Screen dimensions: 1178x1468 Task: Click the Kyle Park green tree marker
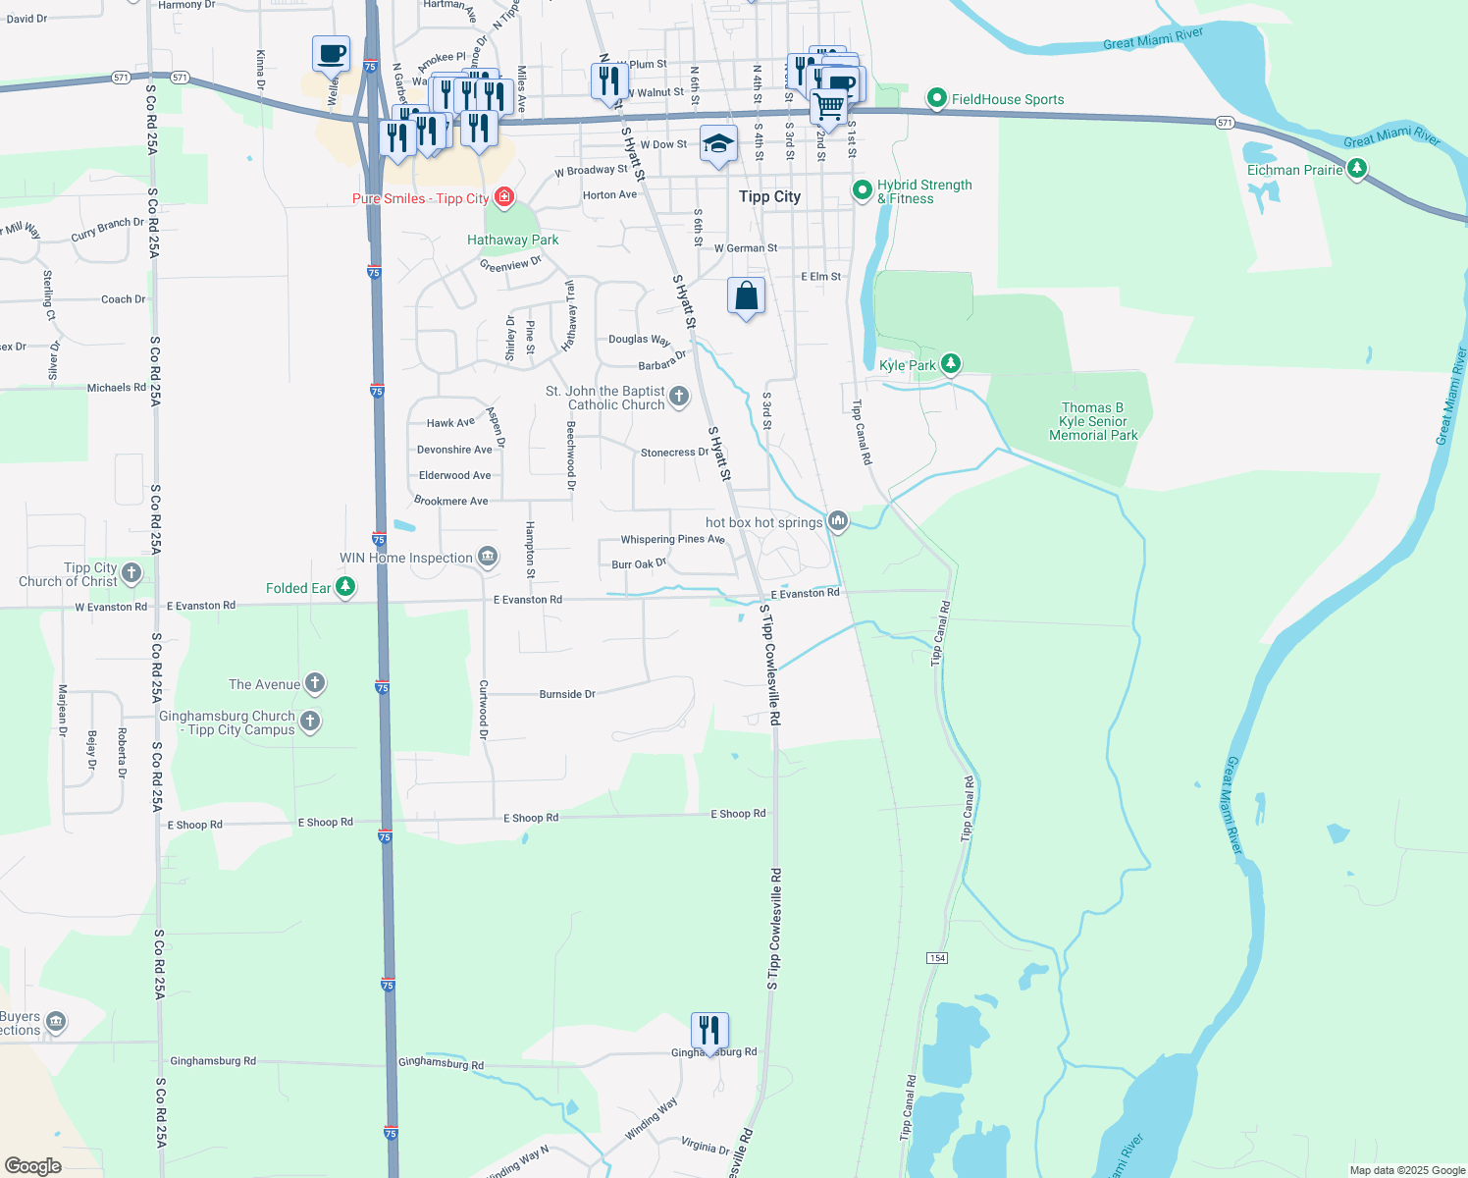click(x=950, y=365)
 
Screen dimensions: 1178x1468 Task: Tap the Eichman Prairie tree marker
click(x=1357, y=170)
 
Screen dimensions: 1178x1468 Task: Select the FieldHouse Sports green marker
click(x=937, y=98)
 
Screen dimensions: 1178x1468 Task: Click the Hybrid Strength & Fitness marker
click(x=863, y=190)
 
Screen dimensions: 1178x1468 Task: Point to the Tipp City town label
click(x=769, y=196)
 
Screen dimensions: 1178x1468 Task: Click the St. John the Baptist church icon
click(x=679, y=398)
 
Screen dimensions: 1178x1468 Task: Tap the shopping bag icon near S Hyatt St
click(x=746, y=296)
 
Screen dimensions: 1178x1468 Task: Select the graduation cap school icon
click(x=718, y=144)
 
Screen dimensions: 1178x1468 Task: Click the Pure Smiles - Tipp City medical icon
click(x=504, y=198)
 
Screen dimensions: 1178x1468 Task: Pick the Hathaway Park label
click(x=512, y=240)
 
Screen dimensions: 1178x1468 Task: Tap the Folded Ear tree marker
click(x=345, y=587)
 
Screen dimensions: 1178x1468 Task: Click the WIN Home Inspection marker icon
click(x=487, y=558)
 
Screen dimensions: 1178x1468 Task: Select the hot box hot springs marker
click(x=837, y=521)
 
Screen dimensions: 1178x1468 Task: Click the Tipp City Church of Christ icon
click(x=131, y=573)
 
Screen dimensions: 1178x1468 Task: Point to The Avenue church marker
click(x=315, y=683)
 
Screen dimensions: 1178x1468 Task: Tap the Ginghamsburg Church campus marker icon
click(x=310, y=722)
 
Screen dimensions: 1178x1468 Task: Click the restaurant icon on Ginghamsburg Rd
click(x=709, y=1031)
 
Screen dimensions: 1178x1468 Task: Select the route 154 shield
click(x=937, y=957)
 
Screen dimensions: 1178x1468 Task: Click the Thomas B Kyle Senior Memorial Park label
click(x=1092, y=421)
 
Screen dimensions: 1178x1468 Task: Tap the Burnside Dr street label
click(x=567, y=694)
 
